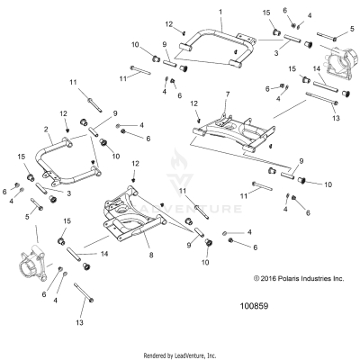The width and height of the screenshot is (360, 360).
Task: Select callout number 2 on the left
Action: coord(45,130)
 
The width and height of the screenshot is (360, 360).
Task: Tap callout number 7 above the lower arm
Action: coord(228,94)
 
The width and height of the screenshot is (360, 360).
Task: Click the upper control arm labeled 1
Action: coord(213,40)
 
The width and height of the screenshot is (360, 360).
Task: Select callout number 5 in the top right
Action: coord(350,30)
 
